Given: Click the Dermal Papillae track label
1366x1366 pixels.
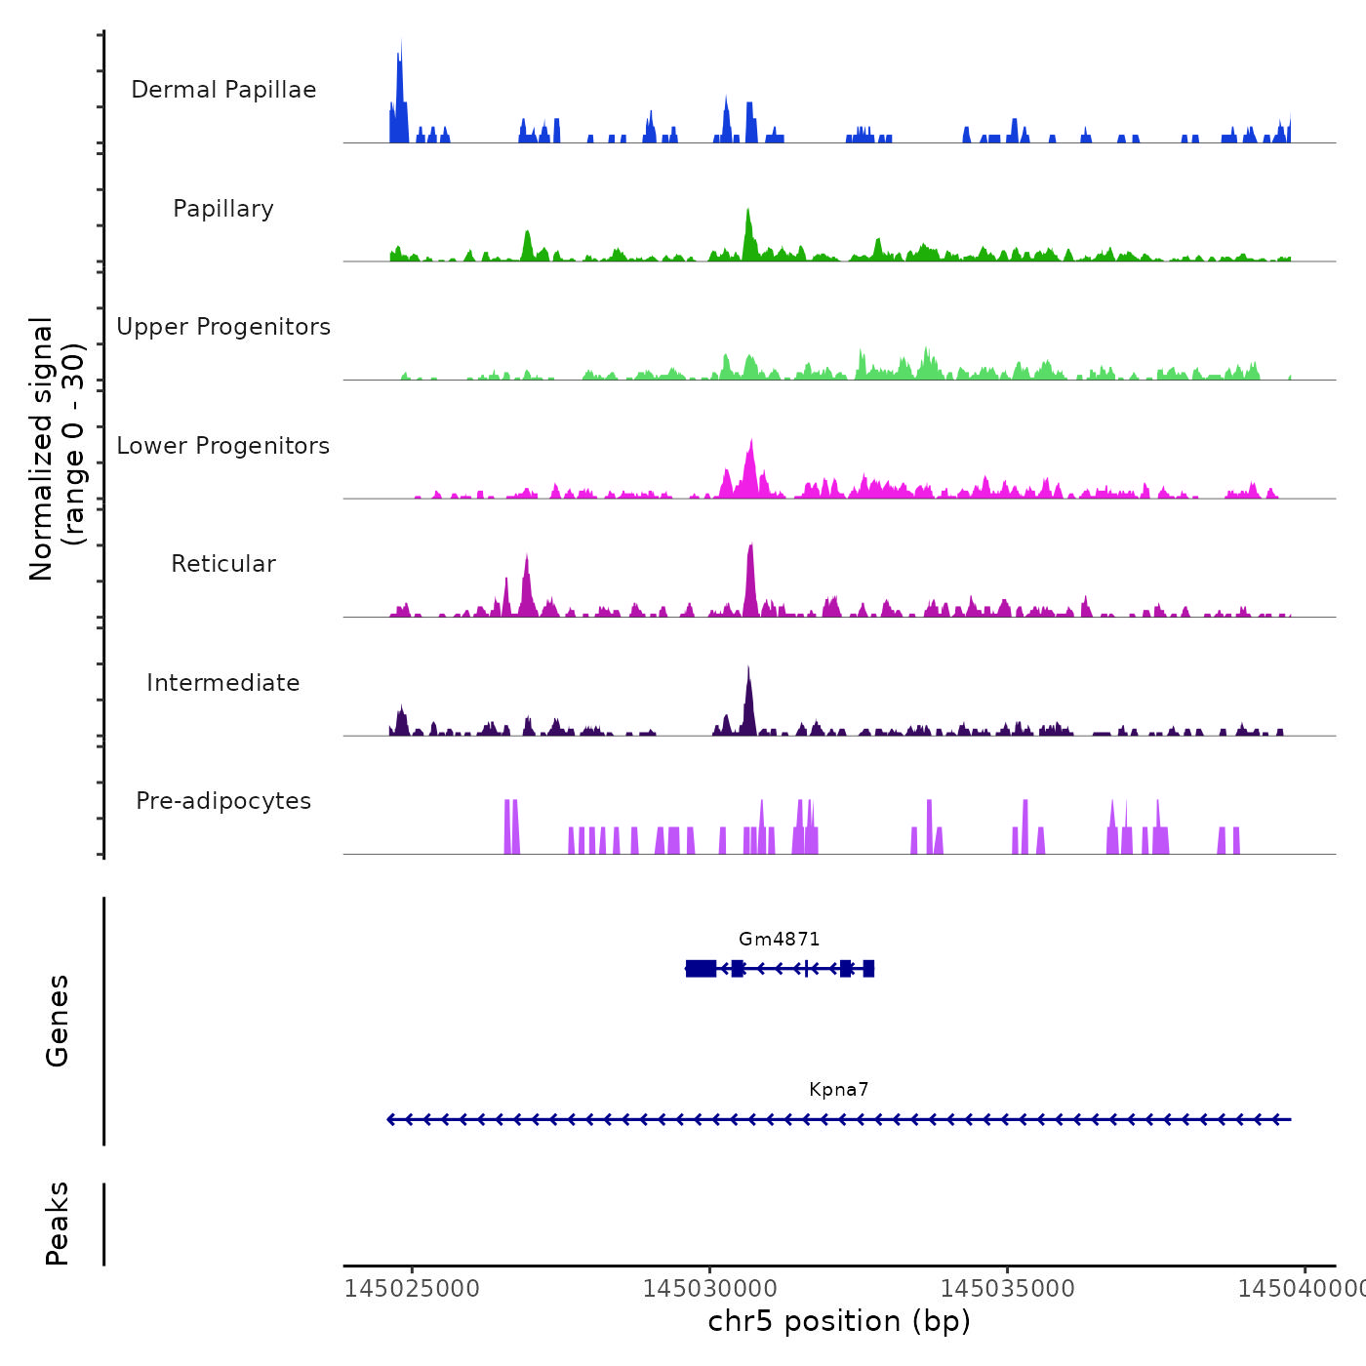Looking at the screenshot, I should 223,90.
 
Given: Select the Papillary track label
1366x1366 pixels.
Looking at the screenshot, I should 223,209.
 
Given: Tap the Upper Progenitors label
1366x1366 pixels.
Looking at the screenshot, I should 223,327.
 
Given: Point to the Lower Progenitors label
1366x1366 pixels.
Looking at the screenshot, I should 223,446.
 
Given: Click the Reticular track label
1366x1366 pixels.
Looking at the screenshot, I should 223,564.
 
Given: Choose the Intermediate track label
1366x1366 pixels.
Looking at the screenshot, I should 223,683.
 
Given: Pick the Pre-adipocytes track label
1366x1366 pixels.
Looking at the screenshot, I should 223,801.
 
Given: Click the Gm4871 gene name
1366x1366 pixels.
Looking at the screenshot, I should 779,940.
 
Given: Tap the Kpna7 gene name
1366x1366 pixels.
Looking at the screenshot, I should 838,1090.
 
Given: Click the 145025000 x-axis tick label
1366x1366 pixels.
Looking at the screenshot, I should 413,1289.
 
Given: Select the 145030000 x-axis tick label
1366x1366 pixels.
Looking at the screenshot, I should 710,1289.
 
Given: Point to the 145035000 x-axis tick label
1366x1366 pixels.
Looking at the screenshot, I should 1008,1289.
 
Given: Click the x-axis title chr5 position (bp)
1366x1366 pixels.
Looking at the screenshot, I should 839,1321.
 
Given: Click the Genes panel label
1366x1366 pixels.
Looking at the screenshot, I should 58,1021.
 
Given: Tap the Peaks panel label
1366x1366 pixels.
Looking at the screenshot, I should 58,1224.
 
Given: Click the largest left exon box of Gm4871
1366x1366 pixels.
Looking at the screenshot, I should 701,968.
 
